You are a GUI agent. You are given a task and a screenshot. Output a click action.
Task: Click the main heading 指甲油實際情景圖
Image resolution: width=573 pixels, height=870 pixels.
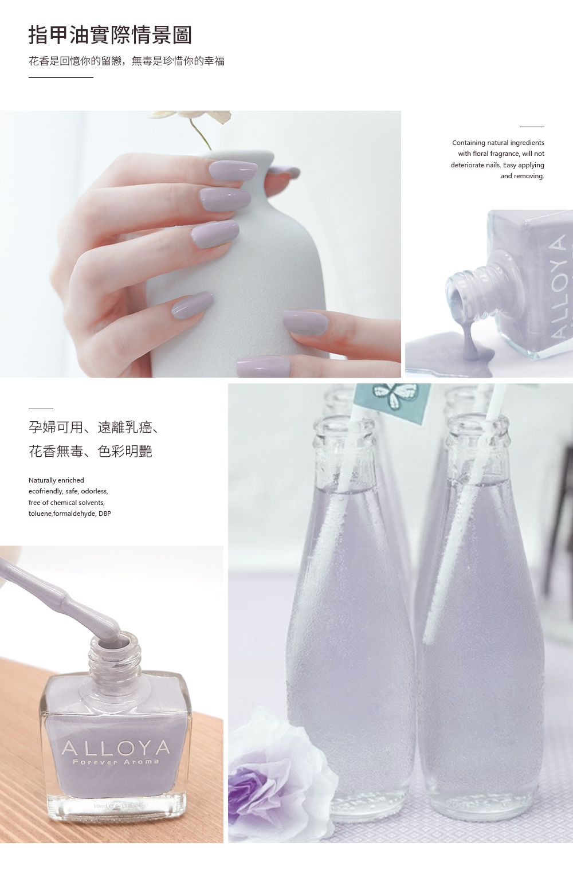coord(110,36)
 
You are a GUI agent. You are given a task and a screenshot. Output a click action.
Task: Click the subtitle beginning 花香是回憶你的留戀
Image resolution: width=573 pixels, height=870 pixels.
coord(127,61)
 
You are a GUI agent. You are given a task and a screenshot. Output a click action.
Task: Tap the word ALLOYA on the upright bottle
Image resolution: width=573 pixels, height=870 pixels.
coord(116,748)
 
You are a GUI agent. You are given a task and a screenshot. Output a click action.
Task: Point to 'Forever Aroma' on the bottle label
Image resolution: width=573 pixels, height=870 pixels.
coord(116,762)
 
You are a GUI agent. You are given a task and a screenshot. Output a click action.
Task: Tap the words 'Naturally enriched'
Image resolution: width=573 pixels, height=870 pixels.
coord(56,480)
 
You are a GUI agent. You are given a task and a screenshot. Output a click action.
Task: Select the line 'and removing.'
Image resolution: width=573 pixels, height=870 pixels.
coord(522,176)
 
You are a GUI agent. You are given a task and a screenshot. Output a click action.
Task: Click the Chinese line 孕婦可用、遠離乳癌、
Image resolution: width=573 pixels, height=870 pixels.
coord(93,427)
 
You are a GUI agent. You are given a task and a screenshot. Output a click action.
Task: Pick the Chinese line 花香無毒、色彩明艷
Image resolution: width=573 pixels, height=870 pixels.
coord(91,451)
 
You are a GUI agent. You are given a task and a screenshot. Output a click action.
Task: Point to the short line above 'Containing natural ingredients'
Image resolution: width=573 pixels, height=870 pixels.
coord(532,127)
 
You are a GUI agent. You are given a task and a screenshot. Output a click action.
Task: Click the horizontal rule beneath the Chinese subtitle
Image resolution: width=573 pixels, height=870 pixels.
coord(61,78)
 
